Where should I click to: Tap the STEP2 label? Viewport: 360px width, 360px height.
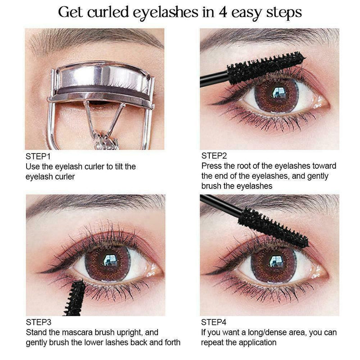point(214,156)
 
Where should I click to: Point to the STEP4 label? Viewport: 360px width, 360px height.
point(214,323)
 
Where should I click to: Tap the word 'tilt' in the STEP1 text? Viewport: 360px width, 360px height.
point(116,166)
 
